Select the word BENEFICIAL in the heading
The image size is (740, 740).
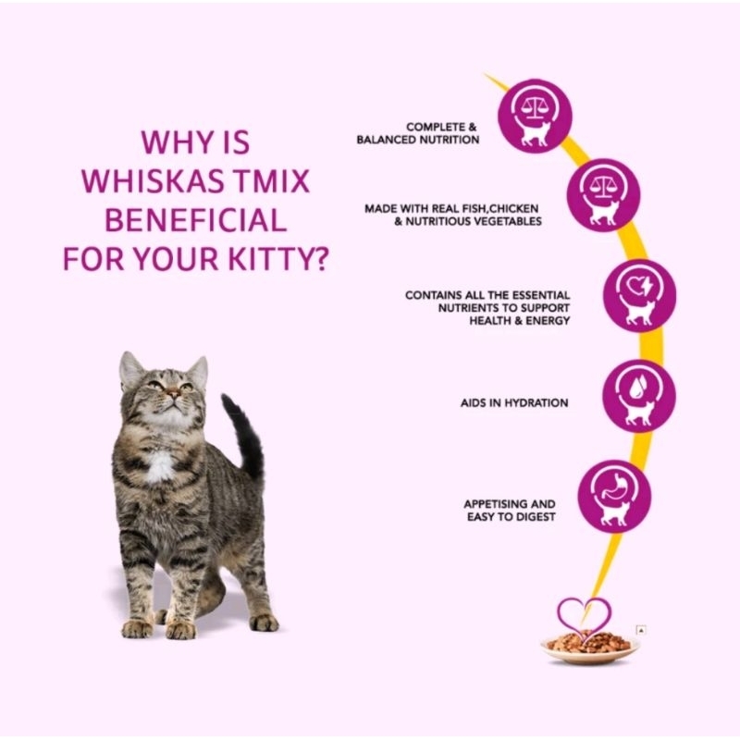[193, 220]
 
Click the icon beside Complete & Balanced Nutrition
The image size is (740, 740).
[534, 115]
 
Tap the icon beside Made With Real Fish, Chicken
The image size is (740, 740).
[603, 195]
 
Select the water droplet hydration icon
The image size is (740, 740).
[638, 395]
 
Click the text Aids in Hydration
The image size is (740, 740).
[514, 403]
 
